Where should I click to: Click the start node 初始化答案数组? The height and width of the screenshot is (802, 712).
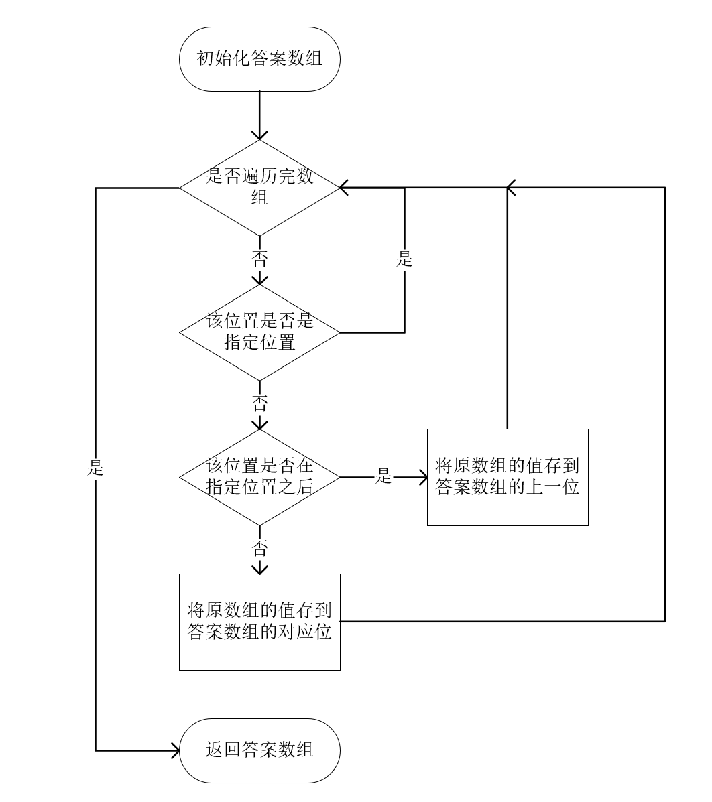[259, 59]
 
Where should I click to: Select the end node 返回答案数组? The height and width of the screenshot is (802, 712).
[259, 750]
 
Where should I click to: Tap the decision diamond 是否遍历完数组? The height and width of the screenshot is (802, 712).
[259, 188]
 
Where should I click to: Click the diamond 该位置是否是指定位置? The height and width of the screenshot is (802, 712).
[259, 332]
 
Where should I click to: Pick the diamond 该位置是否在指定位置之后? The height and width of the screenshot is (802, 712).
[259, 477]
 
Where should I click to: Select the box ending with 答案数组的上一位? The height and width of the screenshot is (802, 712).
[508, 477]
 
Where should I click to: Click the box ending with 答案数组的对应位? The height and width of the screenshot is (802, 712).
[259, 622]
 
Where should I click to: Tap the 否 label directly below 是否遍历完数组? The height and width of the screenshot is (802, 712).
[259, 259]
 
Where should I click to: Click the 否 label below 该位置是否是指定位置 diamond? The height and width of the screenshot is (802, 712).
[259, 403]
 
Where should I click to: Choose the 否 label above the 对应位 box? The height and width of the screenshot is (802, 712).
[259, 549]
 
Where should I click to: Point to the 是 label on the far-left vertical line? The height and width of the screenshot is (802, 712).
[95, 468]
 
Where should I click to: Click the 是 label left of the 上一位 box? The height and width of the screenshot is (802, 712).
[383, 477]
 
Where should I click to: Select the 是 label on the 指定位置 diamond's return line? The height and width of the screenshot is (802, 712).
[404, 259]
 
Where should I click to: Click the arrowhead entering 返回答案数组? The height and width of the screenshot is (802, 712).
[175, 750]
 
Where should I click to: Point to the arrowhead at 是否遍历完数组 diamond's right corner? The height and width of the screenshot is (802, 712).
[345, 188]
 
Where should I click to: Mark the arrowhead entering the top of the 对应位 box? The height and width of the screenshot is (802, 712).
[259, 569]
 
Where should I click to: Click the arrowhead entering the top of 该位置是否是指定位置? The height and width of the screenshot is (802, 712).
[259, 279]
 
